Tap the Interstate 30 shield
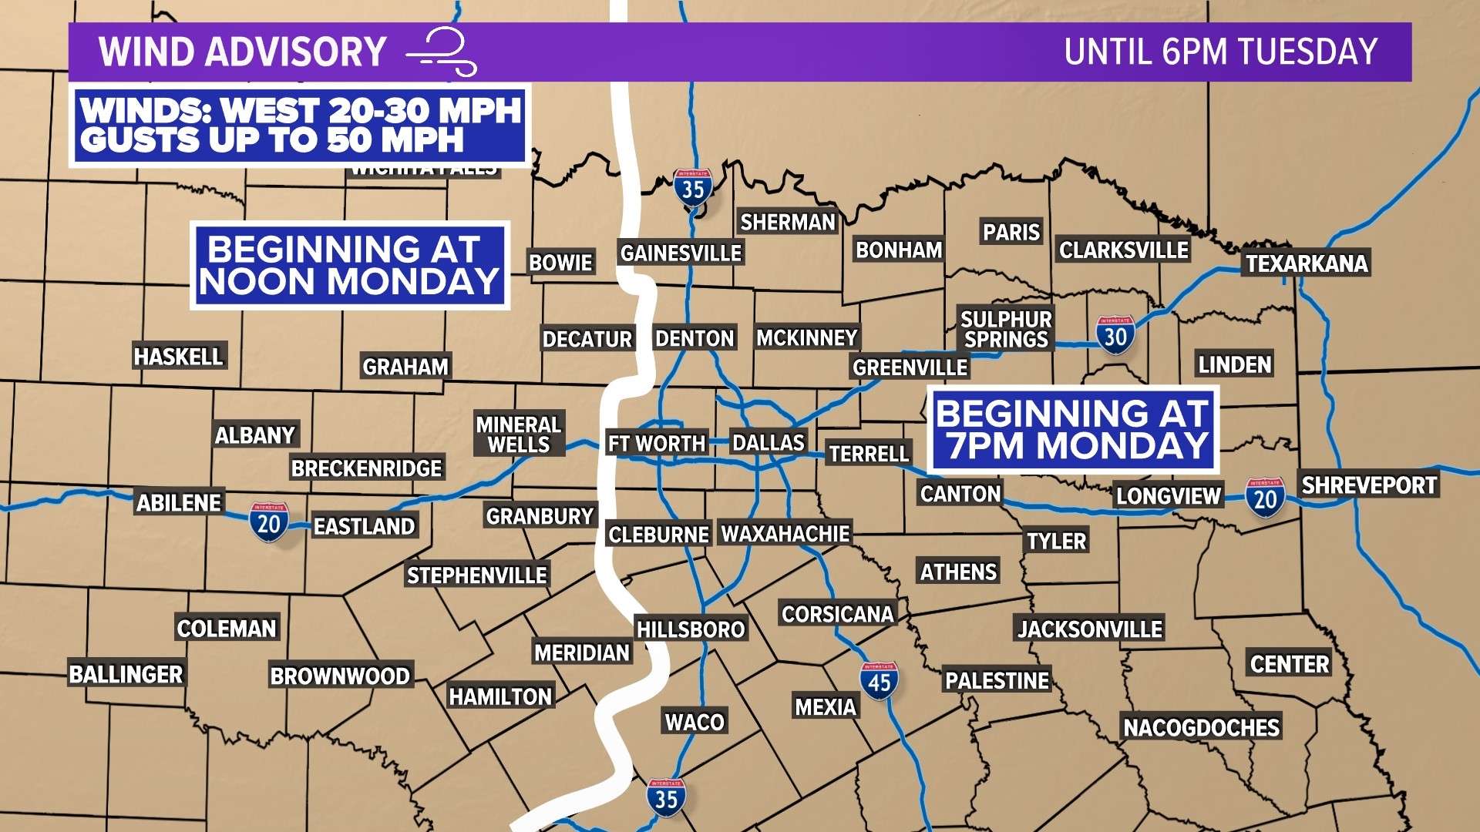1115,335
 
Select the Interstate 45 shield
879,681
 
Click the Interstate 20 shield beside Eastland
268,522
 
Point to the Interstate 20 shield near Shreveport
1265,498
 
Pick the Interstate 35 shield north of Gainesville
693,187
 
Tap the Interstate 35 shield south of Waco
666,797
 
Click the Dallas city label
768,442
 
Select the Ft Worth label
656,443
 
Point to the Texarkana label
1307,263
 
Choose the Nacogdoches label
1201,727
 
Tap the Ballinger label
126,674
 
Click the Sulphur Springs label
1006,329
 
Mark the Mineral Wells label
519,434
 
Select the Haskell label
178,356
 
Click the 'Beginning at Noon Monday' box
350,266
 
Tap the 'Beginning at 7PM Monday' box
1072,429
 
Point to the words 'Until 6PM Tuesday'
1220,52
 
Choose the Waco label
695,722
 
